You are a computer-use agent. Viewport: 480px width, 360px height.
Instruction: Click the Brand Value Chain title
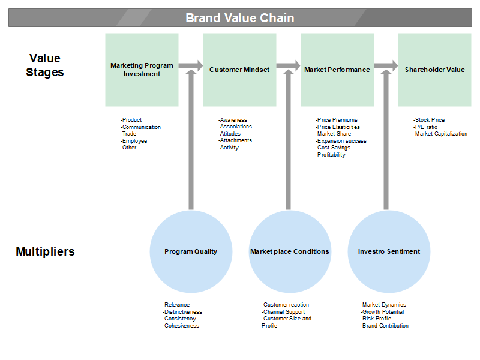239,18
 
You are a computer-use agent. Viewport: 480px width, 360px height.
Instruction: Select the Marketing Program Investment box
142,70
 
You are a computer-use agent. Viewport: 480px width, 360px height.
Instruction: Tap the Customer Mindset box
239,70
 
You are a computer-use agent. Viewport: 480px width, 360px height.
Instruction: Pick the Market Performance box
337,70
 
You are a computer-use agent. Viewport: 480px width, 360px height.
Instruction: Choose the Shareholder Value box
434,70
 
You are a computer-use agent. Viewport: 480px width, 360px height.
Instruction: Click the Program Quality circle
191,251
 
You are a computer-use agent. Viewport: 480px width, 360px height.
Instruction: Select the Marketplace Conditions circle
290,251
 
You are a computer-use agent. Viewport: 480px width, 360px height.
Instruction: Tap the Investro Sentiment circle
389,251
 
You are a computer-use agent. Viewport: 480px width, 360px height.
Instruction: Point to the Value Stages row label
44,65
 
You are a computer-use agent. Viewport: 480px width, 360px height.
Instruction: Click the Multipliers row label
45,251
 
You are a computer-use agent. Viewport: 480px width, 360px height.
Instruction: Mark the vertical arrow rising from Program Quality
191,140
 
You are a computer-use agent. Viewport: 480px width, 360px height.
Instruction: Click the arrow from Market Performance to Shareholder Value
386,65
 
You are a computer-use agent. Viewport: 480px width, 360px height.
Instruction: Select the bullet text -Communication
140,127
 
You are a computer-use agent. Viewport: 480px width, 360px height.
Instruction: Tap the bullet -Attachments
235,140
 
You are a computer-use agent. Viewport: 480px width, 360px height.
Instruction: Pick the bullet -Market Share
334,134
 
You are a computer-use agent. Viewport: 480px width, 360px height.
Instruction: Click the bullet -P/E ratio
425,127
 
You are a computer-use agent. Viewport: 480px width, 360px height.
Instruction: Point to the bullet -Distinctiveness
182,312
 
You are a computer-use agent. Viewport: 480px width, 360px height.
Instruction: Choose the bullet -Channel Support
283,312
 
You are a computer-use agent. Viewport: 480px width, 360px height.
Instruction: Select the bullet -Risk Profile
376,319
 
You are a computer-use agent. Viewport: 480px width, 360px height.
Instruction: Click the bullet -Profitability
331,155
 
